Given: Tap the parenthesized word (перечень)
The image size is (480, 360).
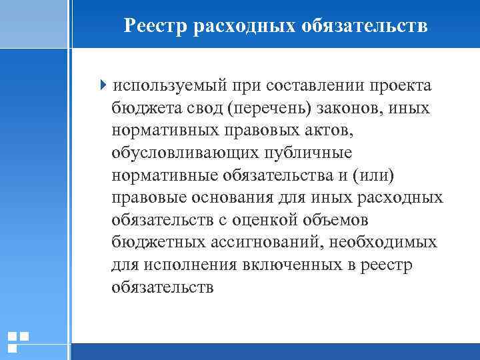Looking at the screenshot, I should point(253,108).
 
